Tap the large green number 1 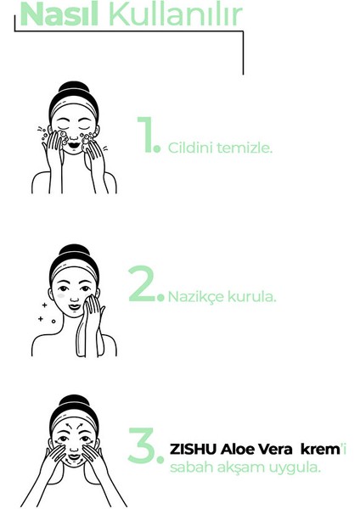tap(146, 136)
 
